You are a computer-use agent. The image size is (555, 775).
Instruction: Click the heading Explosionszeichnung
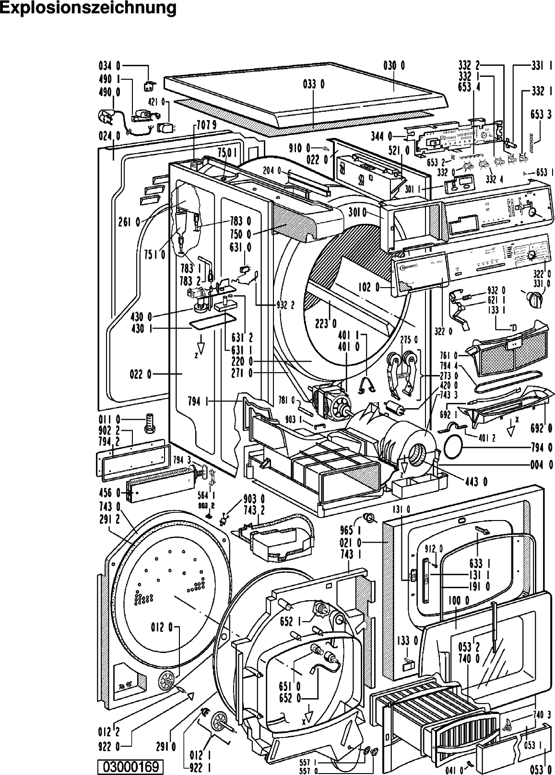(x=88, y=8)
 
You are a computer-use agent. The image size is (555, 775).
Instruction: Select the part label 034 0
(x=109, y=66)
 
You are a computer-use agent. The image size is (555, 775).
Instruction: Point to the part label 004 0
(x=541, y=465)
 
